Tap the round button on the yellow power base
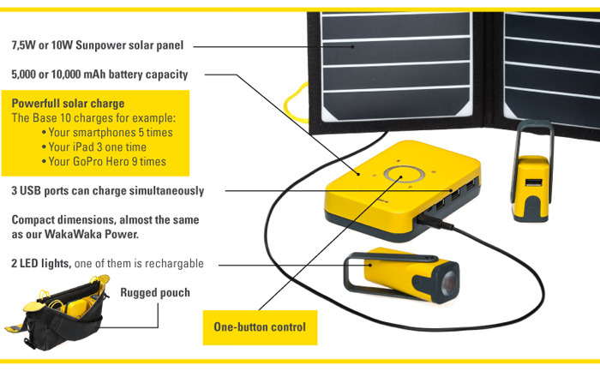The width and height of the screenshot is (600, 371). [399, 175]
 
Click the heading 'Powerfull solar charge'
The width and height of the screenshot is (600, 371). [68, 104]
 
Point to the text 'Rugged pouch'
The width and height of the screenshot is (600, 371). [155, 293]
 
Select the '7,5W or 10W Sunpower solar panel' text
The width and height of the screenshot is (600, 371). [98, 45]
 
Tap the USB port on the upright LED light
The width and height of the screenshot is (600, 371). [531, 184]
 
